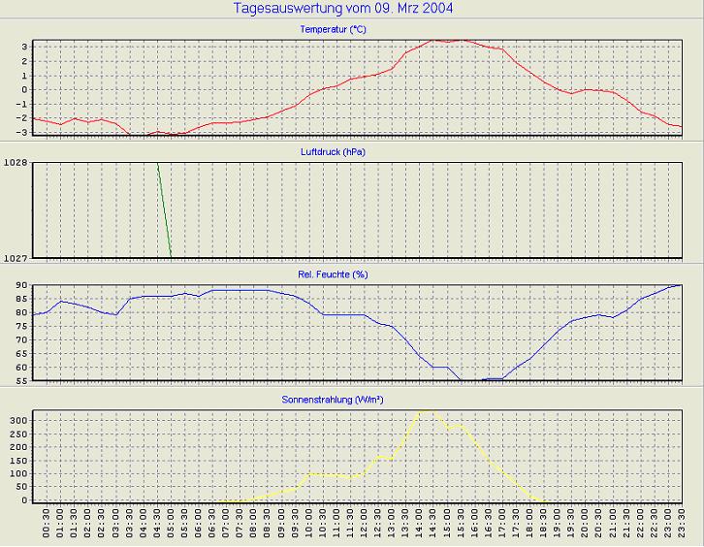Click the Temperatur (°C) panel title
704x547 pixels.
coord(333,30)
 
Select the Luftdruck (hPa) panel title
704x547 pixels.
coord(333,152)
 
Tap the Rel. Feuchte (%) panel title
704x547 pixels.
coord(333,274)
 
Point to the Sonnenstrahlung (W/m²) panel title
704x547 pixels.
coord(333,399)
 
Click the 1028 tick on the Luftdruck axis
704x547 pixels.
coord(16,164)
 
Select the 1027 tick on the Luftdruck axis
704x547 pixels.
coord(16,258)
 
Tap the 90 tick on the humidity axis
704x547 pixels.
coord(21,286)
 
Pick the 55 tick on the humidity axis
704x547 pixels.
coord(21,381)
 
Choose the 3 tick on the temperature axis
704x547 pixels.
coord(25,46)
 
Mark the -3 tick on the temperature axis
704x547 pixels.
coord(22,133)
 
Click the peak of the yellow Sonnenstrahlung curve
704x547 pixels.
coord(424,411)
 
